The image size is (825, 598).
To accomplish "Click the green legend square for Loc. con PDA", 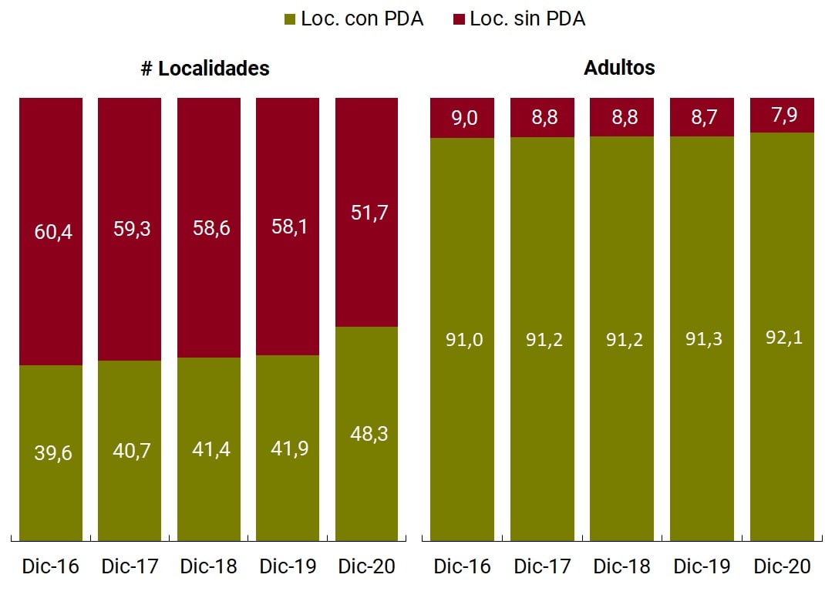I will click(290, 19).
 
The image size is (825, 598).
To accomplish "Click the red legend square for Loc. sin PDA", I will click(459, 19).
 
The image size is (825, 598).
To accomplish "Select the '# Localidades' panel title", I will click(205, 68).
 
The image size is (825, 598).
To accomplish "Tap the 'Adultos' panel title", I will click(619, 68).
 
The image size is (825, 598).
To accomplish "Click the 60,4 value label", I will click(53, 230).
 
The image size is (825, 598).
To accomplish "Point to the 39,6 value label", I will click(53, 453).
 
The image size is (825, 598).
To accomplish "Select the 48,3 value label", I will click(369, 434).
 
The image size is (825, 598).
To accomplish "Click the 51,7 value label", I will click(369, 213).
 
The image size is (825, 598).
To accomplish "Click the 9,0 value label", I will click(463, 119).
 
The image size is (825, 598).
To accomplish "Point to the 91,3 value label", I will click(702, 339).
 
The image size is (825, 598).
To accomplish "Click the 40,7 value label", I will click(131, 451).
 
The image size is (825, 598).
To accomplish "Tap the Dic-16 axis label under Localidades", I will click(51, 566).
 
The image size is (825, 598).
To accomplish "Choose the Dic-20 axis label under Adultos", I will click(782, 566).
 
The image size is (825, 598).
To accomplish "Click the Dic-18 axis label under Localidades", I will click(209, 566).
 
